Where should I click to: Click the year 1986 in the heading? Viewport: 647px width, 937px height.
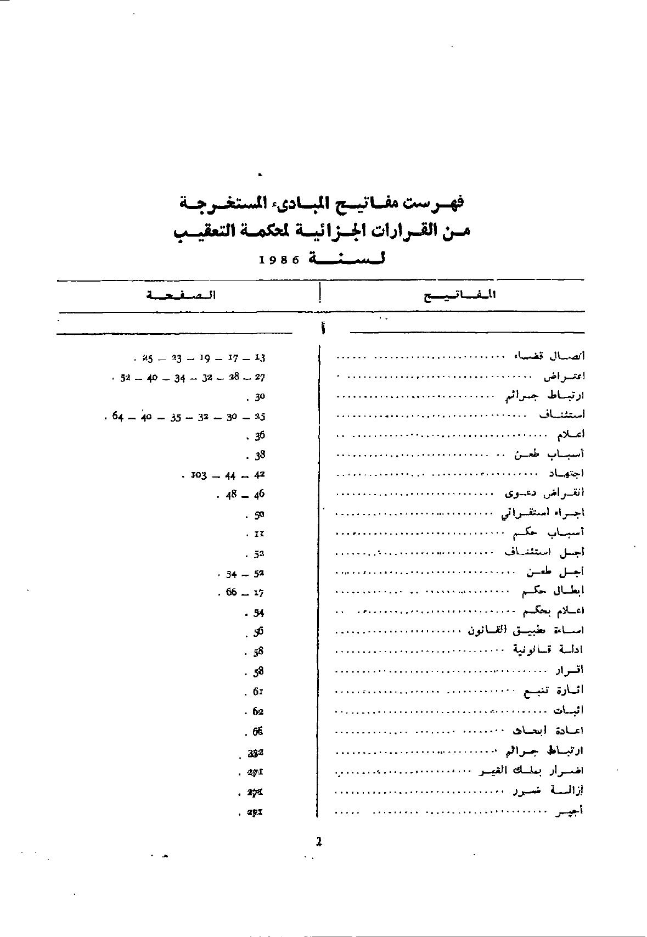(279, 260)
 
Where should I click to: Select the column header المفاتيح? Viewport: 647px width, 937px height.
(460, 295)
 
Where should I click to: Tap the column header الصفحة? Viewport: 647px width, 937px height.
(181, 295)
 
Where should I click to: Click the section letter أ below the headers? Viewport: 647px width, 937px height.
(323, 329)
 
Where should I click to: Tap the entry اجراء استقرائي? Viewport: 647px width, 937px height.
(543, 512)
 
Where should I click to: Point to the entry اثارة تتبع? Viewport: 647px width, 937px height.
(555, 690)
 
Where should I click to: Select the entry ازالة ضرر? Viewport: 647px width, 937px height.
(548, 790)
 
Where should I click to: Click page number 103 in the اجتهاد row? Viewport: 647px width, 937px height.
(198, 475)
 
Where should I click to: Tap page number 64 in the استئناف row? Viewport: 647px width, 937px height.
(117, 417)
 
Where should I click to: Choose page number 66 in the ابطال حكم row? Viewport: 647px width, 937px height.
(230, 593)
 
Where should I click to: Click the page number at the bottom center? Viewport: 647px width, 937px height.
(319, 841)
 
